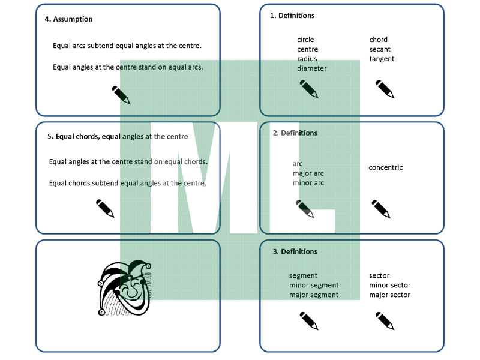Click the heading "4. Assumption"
(69, 19)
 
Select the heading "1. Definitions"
(292, 16)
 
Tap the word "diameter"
(312, 68)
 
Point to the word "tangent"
(382, 59)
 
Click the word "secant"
(380, 49)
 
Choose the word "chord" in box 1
(379, 40)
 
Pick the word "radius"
(307, 59)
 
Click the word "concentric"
(386, 167)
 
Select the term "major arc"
(308, 173)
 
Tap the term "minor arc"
(308, 183)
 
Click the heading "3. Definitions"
(295, 251)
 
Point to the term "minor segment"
(314, 285)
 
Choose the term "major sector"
(390, 295)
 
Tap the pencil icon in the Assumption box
(121, 95)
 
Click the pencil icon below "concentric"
(381, 209)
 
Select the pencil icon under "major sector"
(385, 321)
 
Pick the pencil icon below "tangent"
(385, 89)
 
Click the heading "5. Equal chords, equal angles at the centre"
(118, 136)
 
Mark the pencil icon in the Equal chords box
(105, 208)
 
